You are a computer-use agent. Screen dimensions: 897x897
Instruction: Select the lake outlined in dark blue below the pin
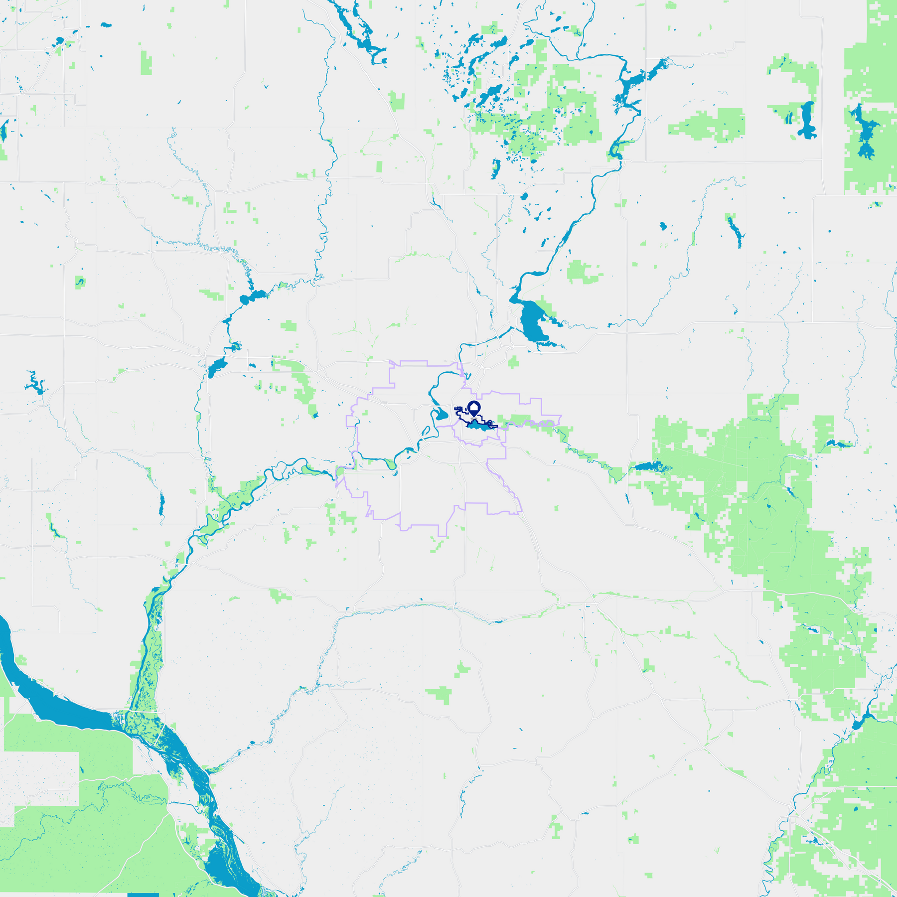(x=478, y=426)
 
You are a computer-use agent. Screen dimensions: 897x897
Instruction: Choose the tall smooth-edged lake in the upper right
(x=807, y=120)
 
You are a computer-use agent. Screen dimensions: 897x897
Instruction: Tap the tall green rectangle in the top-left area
(x=146, y=63)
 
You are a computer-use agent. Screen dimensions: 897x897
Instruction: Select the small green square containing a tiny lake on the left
(x=80, y=282)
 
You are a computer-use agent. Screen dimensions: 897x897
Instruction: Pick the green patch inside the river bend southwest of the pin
(x=390, y=465)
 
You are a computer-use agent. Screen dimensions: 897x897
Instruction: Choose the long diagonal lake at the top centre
(x=361, y=37)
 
